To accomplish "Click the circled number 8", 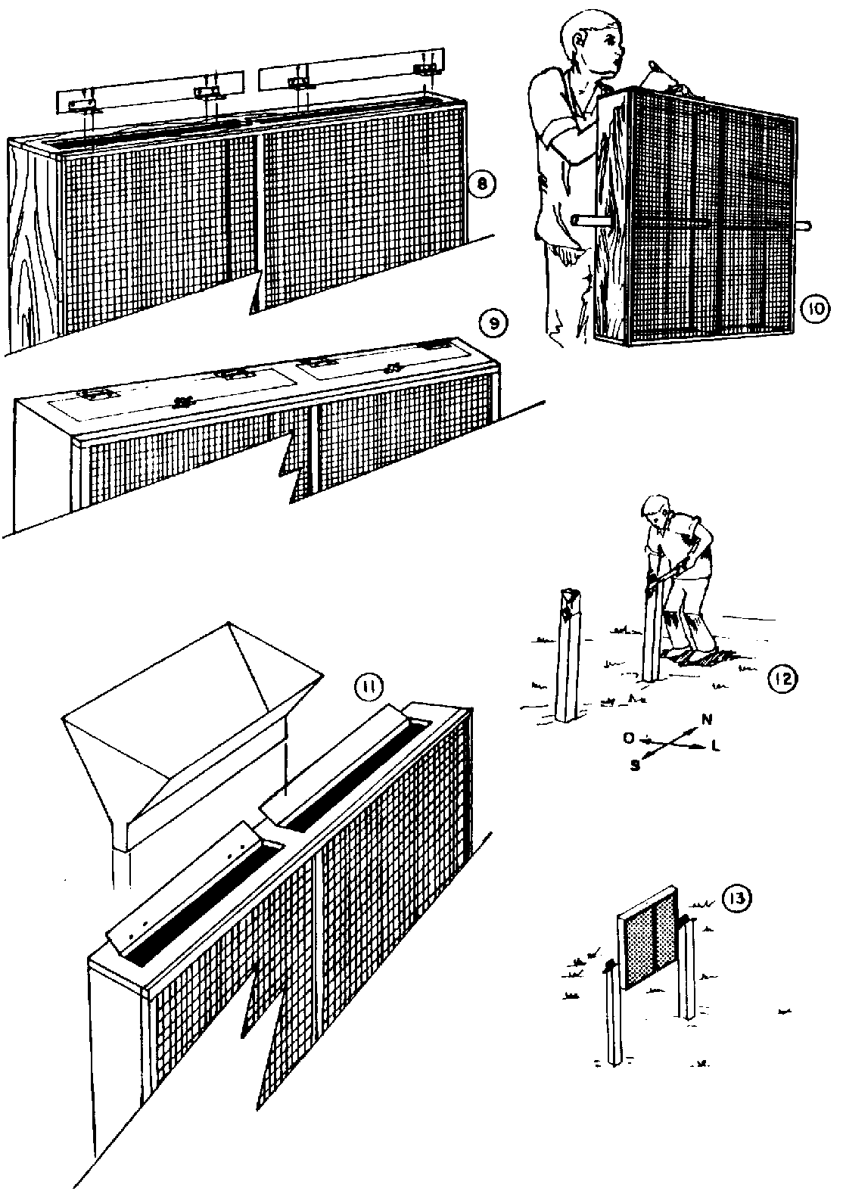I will (481, 184).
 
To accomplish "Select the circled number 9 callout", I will (492, 325).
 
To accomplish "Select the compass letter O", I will (628, 736).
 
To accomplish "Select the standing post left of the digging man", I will (567, 658).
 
